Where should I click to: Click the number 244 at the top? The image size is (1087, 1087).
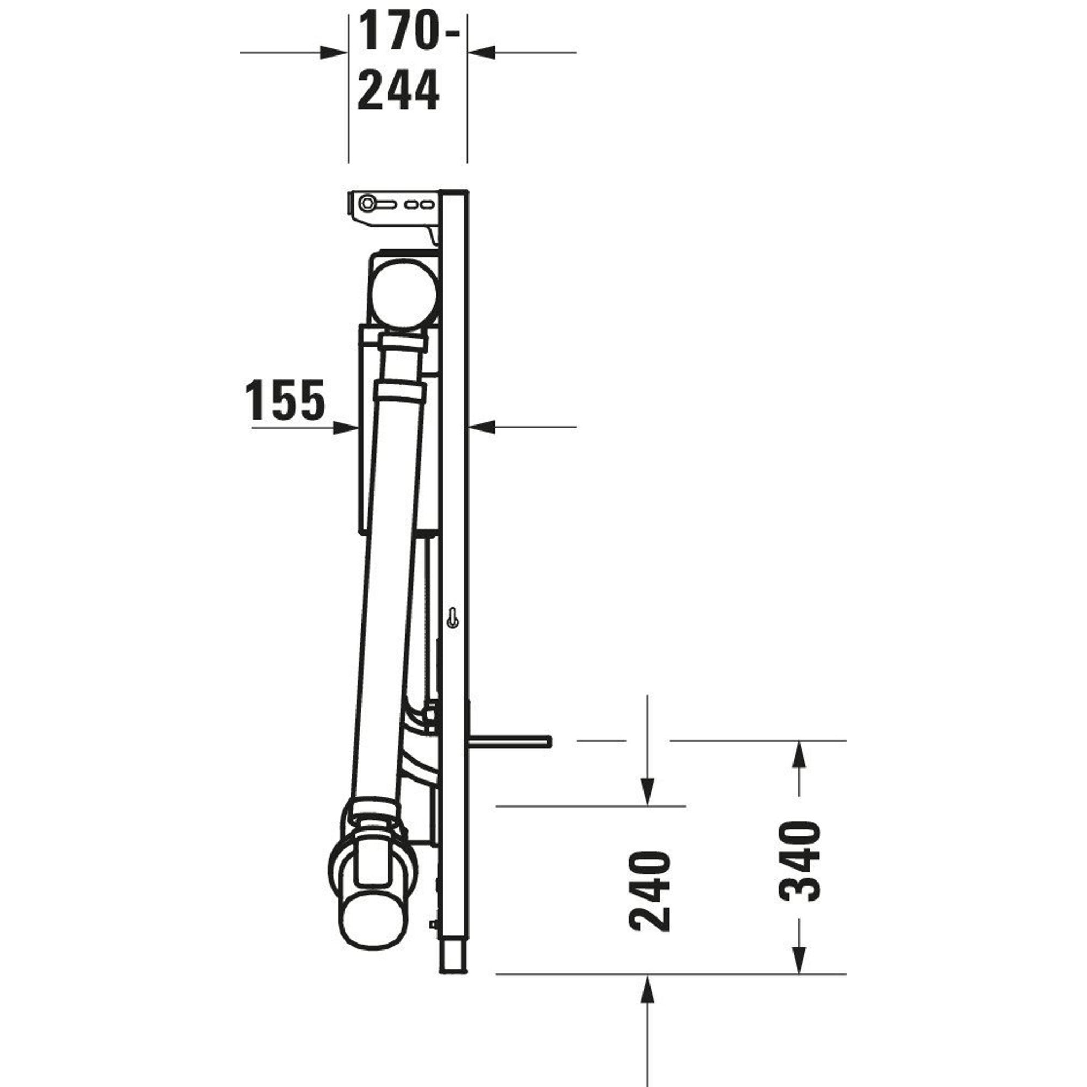point(398,90)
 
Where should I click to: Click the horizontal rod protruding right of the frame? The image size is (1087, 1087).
point(509,741)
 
